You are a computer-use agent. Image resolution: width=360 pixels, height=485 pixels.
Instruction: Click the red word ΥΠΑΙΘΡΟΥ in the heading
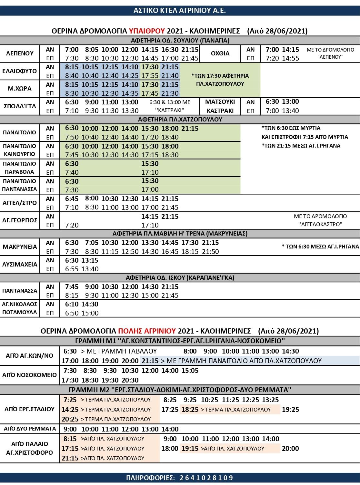(x=147, y=31)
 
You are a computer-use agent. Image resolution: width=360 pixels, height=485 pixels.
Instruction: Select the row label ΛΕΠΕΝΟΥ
(x=20, y=53)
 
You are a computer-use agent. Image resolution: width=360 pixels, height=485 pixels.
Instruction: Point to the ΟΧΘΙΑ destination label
(x=220, y=53)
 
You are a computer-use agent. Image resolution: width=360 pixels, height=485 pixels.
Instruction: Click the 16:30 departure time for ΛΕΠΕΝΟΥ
(x=170, y=50)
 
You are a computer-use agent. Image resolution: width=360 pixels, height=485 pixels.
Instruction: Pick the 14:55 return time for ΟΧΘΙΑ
(x=291, y=58)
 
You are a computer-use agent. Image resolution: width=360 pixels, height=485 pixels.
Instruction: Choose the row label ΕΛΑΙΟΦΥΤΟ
(x=20, y=71)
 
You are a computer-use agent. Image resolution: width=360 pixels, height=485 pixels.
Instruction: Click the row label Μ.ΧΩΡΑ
(x=20, y=89)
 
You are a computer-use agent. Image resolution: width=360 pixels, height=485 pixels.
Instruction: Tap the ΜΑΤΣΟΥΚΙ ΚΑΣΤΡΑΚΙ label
(x=220, y=106)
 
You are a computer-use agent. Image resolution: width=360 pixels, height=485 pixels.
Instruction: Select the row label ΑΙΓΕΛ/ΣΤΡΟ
(x=20, y=203)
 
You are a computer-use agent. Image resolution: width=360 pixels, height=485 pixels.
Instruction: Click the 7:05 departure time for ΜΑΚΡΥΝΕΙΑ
(x=92, y=243)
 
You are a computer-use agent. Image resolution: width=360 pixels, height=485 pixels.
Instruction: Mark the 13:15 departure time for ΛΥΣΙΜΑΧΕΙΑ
(x=90, y=260)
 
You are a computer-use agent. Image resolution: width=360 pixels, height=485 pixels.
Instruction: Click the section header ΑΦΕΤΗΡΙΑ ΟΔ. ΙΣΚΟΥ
(x=180, y=277)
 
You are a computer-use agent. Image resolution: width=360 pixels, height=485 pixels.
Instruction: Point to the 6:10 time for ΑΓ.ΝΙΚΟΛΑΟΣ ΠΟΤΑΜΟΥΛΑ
(x=72, y=304)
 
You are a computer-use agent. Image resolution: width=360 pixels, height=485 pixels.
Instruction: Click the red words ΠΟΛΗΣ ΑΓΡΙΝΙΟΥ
(x=147, y=331)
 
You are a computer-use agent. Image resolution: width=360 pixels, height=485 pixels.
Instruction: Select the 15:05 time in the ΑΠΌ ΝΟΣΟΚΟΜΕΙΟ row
(x=190, y=371)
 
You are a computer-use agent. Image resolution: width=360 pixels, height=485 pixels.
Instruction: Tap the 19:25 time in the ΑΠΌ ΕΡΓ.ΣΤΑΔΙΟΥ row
(x=290, y=410)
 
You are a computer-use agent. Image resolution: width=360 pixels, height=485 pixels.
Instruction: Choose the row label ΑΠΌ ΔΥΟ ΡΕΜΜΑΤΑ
(x=30, y=429)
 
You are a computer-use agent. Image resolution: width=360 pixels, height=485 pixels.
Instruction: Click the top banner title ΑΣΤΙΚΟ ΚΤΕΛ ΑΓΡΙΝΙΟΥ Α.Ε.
(x=180, y=10)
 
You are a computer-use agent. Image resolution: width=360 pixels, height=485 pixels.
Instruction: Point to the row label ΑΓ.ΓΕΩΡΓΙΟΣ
(x=20, y=220)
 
